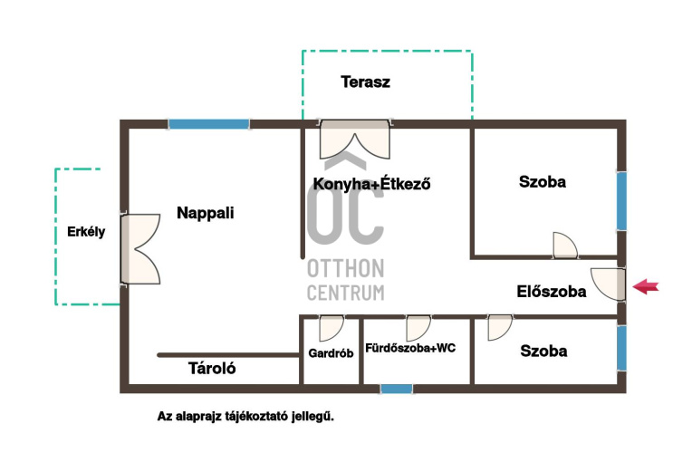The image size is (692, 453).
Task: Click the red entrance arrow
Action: pos(646,286)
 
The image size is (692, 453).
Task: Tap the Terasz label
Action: pos(365,82)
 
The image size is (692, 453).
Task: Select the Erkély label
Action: pos(86,232)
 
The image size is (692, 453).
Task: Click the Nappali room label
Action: pos(206,213)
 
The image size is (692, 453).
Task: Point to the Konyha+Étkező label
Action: pos(371,183)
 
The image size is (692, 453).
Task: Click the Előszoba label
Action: pos(552,292)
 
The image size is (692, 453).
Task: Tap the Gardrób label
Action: pos(331,353)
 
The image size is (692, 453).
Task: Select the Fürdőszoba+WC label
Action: pos(410,348)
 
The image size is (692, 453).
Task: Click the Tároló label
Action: pos(212,368)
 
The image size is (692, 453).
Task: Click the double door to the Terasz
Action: pos(355,140)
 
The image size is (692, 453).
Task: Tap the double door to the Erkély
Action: pos(140,249)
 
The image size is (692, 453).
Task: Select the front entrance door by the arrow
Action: pos(608,284)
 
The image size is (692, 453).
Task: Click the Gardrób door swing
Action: pos(332,328)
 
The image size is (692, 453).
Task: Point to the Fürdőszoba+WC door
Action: pos(418,328)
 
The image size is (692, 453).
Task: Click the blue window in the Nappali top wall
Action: pos(208,124)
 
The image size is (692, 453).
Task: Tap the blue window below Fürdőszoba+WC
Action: pos(397,389)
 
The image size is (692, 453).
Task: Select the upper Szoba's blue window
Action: pos(621,201)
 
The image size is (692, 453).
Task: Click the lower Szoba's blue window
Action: pos(621,348)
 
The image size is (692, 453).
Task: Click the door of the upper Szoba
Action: pos(565,245)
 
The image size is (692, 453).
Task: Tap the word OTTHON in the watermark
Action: pos(346,268)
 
